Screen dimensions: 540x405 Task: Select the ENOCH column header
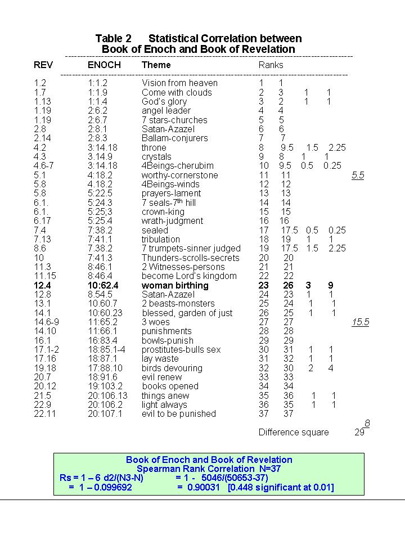pyautogui.click(x=104, y=65)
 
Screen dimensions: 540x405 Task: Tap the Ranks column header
pyautogui.click(x=271, y=65)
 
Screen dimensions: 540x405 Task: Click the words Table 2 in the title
pyautogui.click(x=113, y=39)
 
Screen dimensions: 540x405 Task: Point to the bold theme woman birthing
pyautogui.click(x=175, y=286)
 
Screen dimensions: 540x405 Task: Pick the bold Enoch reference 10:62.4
pyautogui.click(x=103, y=286)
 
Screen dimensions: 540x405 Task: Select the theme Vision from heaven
pyautogui.click(x=179, y=83)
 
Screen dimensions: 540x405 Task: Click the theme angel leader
pyautogui.click(x=166, y=111)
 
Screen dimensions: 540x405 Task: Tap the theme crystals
pyautogui.click(x=156, y=157)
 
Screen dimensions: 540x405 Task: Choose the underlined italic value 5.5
pyautogui.click(x=358, y=175)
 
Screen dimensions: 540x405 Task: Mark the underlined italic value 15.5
pyautogui.click(x=360, y=322)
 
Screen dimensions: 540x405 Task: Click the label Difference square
pyautogui.click(x=294, y=433)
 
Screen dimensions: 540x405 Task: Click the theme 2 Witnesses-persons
pyautogui.click(x=183, y=267)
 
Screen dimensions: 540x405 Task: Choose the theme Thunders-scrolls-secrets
pyautogui.click(x=190, y=258)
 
